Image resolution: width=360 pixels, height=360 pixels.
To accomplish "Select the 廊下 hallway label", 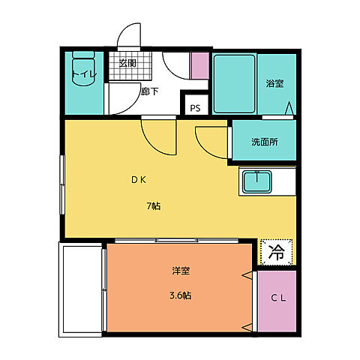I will tap(150, 92).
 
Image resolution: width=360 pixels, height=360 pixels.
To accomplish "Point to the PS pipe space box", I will tap(195, 108).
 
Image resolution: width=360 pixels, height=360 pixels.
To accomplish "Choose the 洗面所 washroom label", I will tap(264, 141).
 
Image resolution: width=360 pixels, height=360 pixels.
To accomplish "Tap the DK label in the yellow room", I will tap(139, 180).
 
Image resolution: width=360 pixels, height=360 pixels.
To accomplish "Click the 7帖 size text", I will tap(153, 206).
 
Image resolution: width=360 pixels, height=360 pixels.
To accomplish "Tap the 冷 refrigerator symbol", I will tap(276, 253).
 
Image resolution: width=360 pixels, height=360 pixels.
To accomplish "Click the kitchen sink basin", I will tap(259, 181).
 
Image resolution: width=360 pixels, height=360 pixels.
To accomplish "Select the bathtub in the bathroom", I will tap(234, 85).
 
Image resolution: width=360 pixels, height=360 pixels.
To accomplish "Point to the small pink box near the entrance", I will tap(199, 67).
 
